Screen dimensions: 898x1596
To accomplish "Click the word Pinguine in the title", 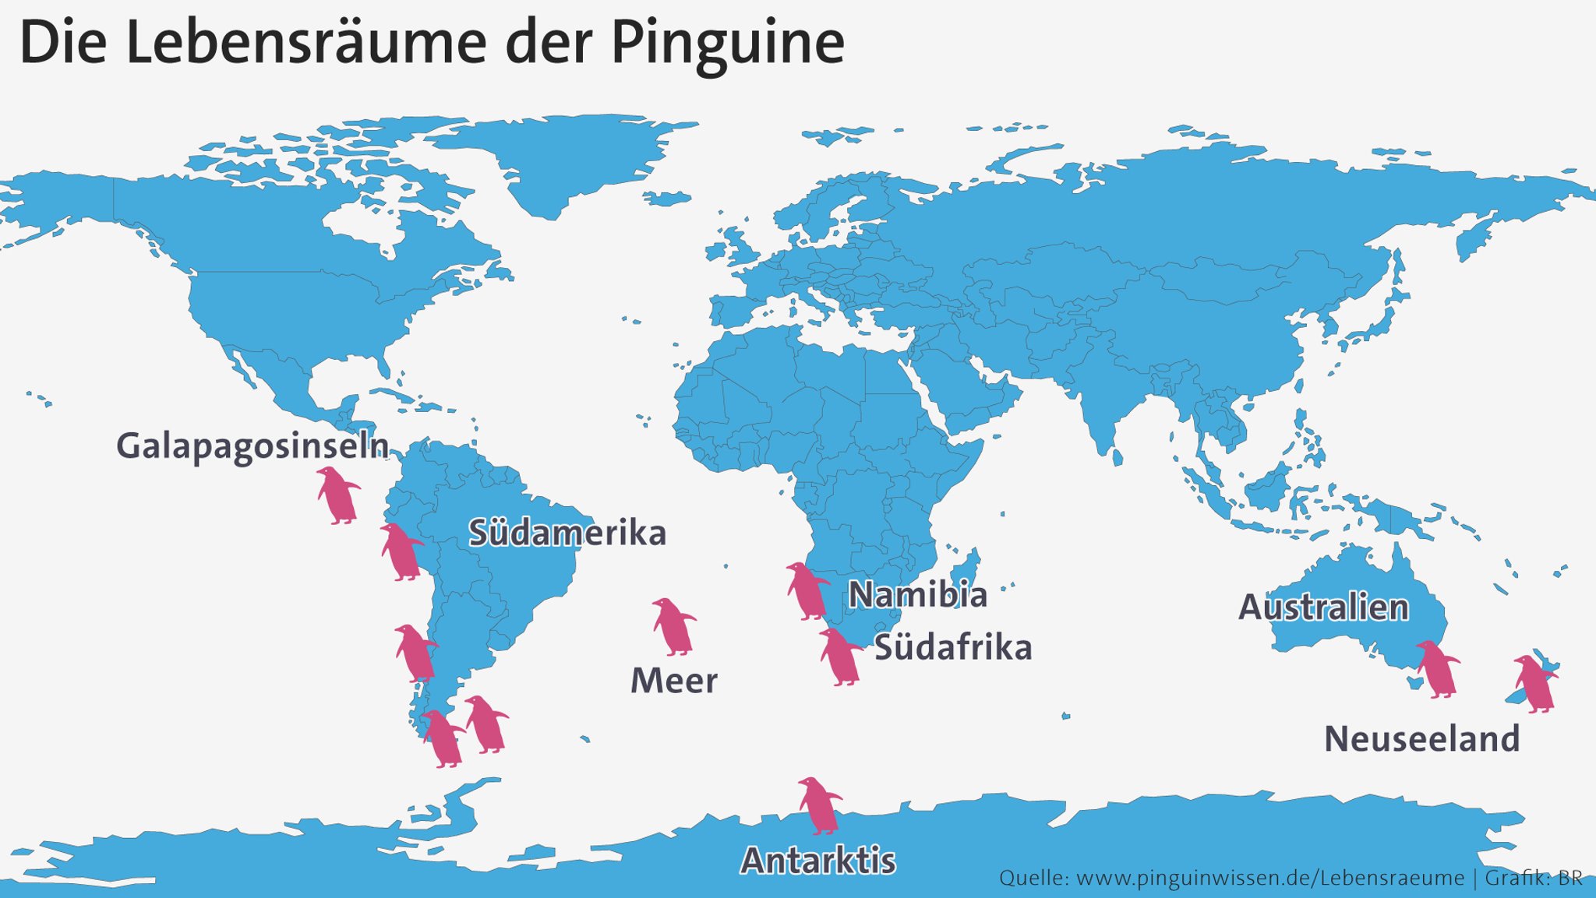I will click(x=727, y=43).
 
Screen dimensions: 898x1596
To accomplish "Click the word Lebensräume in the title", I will click(x=305, y=43).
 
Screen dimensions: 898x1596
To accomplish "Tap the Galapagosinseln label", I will click(x=252, y=446).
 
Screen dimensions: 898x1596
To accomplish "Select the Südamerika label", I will click(x=567, y=534).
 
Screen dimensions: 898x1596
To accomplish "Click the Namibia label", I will click(x=917, y=595).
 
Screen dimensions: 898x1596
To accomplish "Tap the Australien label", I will click(x=1323, y=607).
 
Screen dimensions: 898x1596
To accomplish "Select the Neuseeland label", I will click(x=1421, y=739).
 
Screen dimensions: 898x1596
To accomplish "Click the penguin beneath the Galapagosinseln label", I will click(x=337, y=496).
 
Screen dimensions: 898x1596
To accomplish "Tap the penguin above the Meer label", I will click(x=674, y=627).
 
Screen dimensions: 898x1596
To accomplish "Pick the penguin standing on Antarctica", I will click(x=819, y=805).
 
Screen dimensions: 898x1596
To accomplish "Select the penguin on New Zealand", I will click(x=1534, y=684).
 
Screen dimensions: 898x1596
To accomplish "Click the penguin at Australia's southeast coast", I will click(x=1437, y=669).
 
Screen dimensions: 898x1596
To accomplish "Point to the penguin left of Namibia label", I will click(x=807, y=591).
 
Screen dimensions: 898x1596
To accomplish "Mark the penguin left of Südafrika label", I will click(x=840, y=657).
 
